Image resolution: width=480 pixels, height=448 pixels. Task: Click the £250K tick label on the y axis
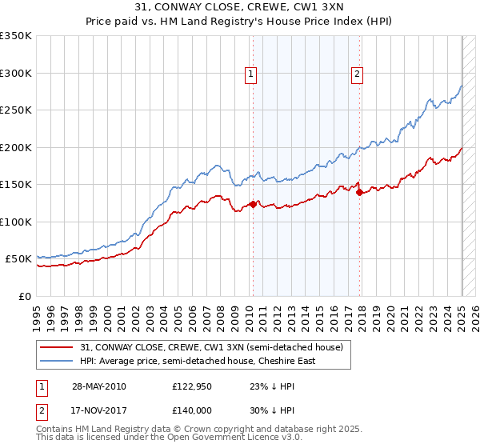pos(16,110)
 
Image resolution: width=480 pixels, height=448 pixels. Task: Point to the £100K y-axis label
pos(16,222)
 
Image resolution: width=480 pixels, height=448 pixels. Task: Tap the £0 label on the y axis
pos(25,296)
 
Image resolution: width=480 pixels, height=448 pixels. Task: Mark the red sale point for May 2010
pos(254,204)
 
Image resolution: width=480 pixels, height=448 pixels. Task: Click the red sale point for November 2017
pos(359,192)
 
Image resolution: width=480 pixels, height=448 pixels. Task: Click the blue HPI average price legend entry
pos(198,361)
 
